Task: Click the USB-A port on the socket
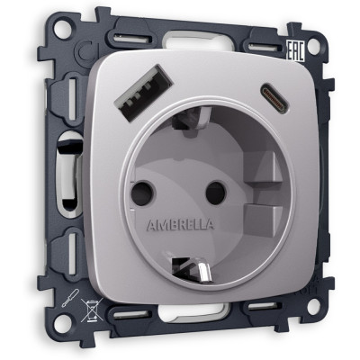143,93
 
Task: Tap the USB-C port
275,98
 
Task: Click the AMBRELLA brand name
180,225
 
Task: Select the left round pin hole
142,190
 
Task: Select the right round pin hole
215,193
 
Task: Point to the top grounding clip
192,118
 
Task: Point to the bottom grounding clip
191,269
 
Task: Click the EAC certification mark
296,51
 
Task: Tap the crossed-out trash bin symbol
92,310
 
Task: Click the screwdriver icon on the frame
70,298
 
